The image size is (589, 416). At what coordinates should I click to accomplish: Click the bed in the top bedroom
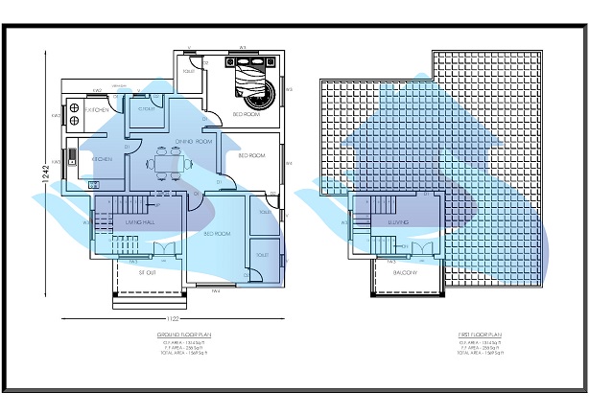(251, 81)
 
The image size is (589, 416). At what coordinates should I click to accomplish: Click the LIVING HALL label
(139, 222)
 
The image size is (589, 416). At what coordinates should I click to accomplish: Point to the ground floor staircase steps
(119, 207)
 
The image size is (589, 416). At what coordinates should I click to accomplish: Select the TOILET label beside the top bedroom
(189, 70)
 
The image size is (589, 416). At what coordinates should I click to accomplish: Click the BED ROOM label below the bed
(247, 114)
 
